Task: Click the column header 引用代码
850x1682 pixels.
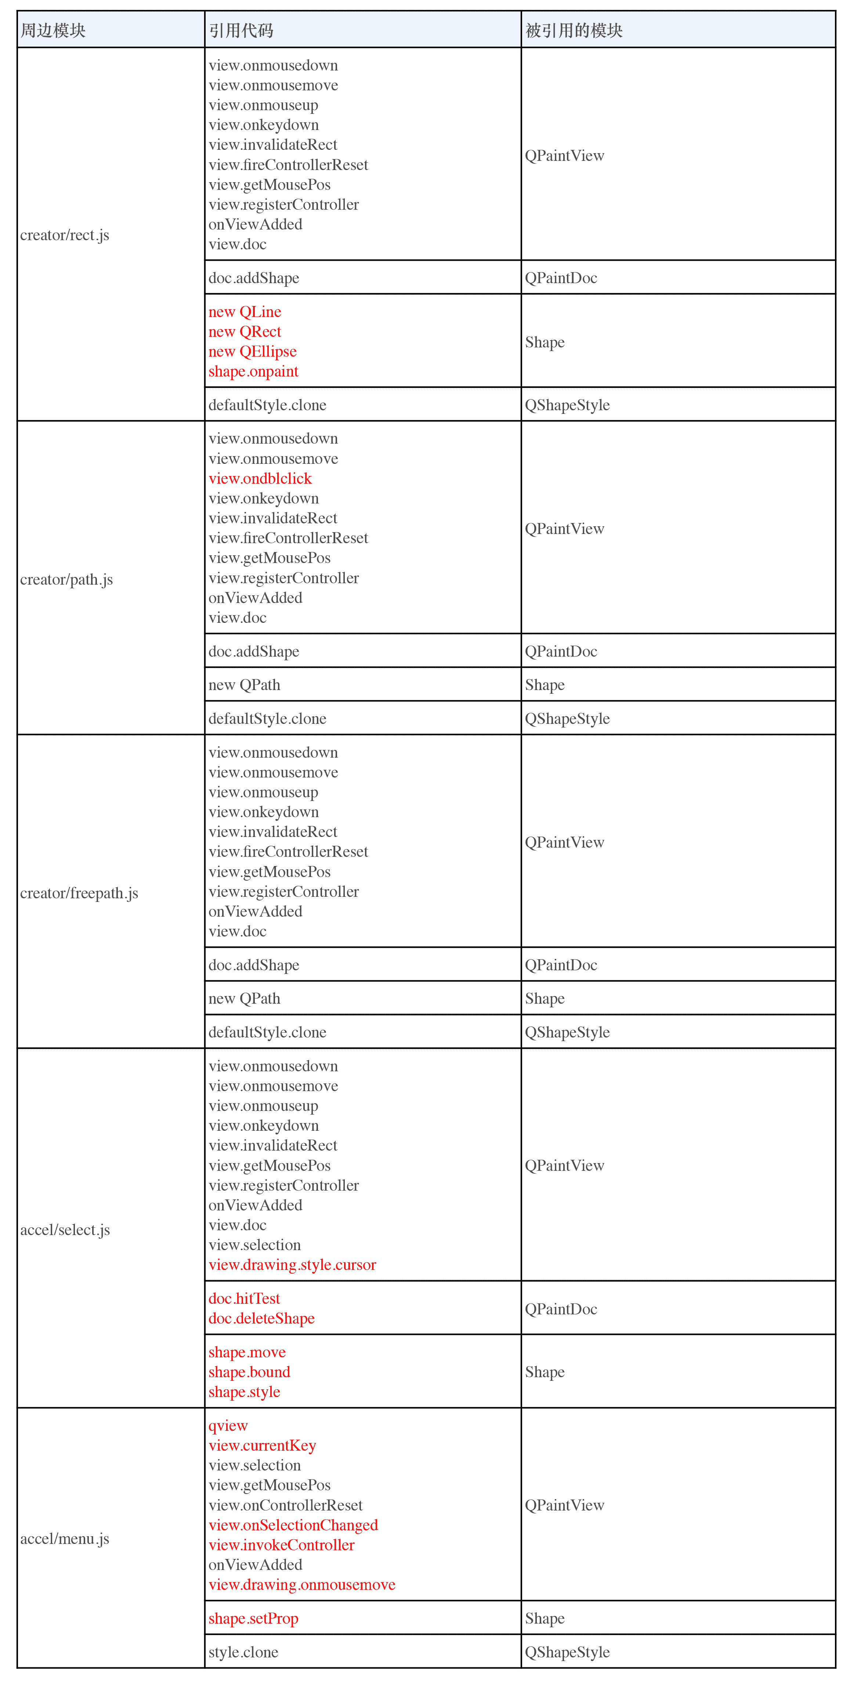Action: coord(241,30)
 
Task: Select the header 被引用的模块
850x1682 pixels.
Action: coord(574,30)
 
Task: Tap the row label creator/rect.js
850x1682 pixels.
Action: coord(65,235)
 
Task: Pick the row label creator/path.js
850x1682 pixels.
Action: coord(66,580)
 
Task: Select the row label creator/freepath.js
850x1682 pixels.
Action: coord(79,893)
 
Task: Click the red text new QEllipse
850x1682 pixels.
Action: coord(253,352)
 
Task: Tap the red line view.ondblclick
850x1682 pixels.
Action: coord(260,479)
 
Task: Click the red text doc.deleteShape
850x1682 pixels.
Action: coord(261,1318)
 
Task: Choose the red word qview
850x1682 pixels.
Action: coord(228,1426)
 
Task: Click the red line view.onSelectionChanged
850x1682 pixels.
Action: coord(293,1525)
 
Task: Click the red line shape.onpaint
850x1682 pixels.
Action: coord(253,372)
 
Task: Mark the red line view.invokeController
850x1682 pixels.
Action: coord(281,1545)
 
